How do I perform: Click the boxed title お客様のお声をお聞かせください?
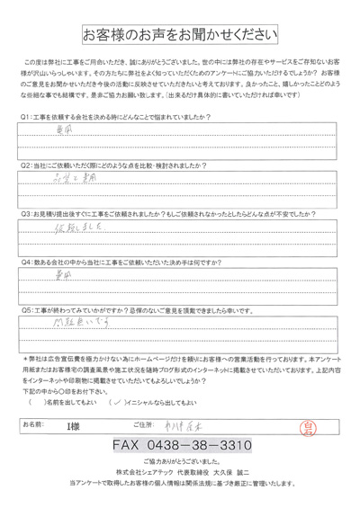pos(179,35)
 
